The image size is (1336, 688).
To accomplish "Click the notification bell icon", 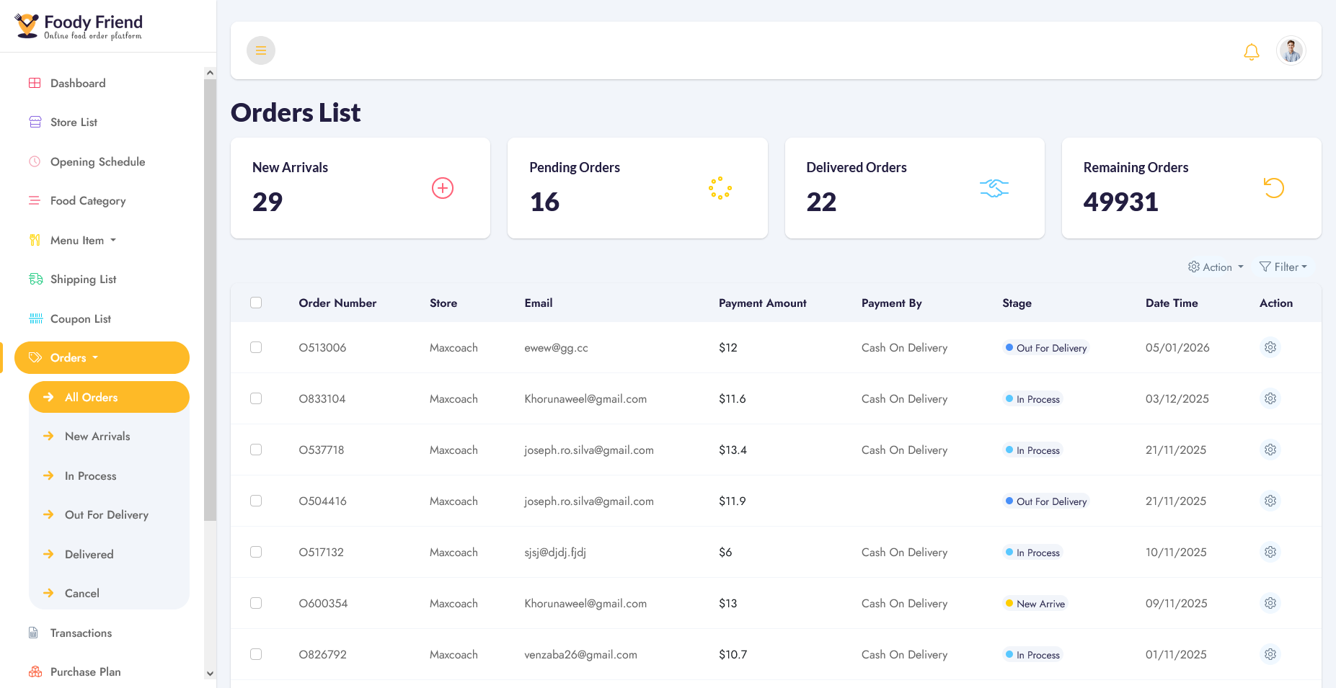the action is (1252, 51).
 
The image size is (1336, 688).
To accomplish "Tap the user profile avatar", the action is (1291, 50).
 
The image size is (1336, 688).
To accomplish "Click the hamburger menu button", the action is (261, 50).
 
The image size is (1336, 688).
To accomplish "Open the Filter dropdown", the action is (1283, 267).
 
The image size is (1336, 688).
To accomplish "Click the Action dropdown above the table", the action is (1216, 267).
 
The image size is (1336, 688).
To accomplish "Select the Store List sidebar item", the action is (74, 122).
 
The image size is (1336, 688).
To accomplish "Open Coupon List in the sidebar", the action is (81, 319).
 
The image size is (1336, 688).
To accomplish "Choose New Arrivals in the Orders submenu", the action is (97, 437).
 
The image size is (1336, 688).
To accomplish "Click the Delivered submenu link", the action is (89, 555).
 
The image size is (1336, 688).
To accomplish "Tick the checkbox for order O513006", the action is (256, 347).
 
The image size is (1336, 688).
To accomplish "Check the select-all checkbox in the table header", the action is (256, 303).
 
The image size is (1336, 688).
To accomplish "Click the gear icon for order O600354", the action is (1270, 603).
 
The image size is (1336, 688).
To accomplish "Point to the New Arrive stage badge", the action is (1035, 604).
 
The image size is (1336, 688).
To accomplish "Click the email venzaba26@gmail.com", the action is (580, 655).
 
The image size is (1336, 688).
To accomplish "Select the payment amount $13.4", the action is (733, 450).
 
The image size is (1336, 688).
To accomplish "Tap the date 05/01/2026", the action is (1177, 348).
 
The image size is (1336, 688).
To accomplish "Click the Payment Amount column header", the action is (762, 303).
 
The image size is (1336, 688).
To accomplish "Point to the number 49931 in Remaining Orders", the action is (1120, 202).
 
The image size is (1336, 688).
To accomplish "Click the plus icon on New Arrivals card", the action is (443, 188).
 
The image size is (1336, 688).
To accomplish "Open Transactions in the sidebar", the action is (81, 633).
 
